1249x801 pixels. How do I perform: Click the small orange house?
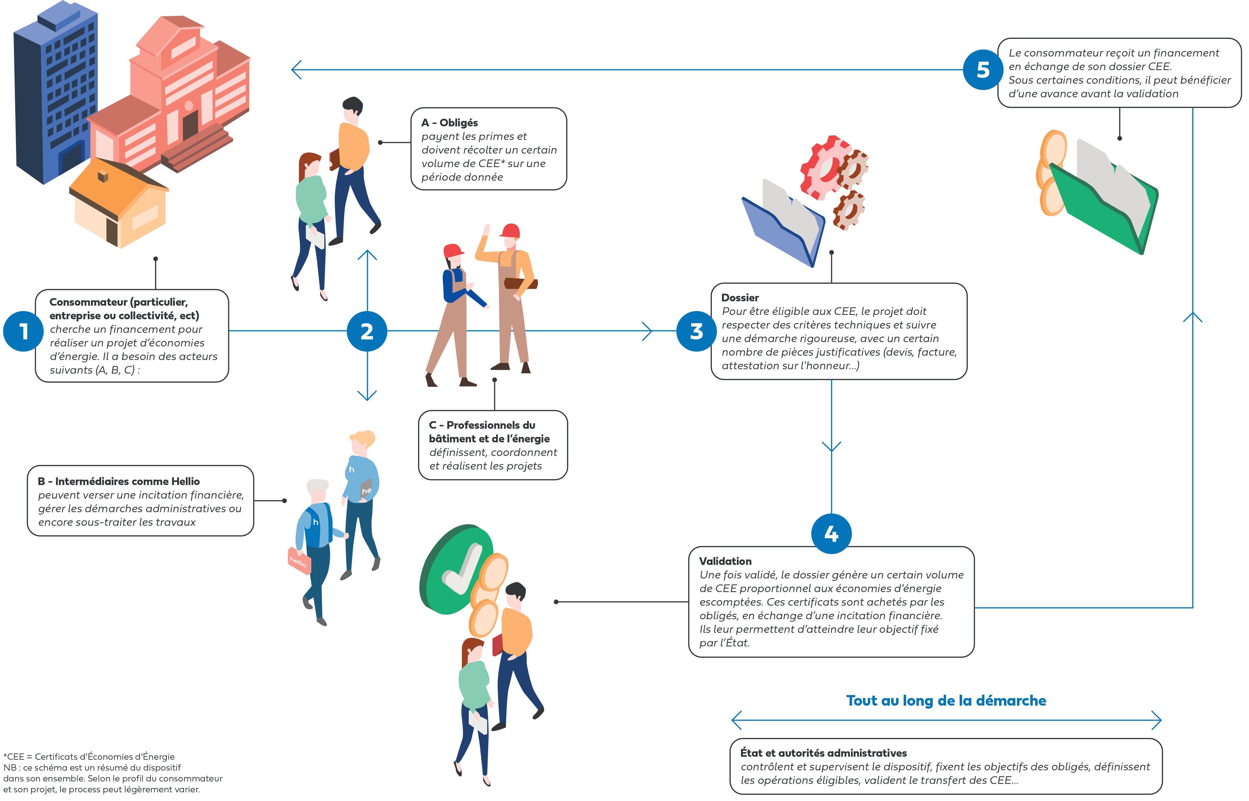point(118,205)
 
